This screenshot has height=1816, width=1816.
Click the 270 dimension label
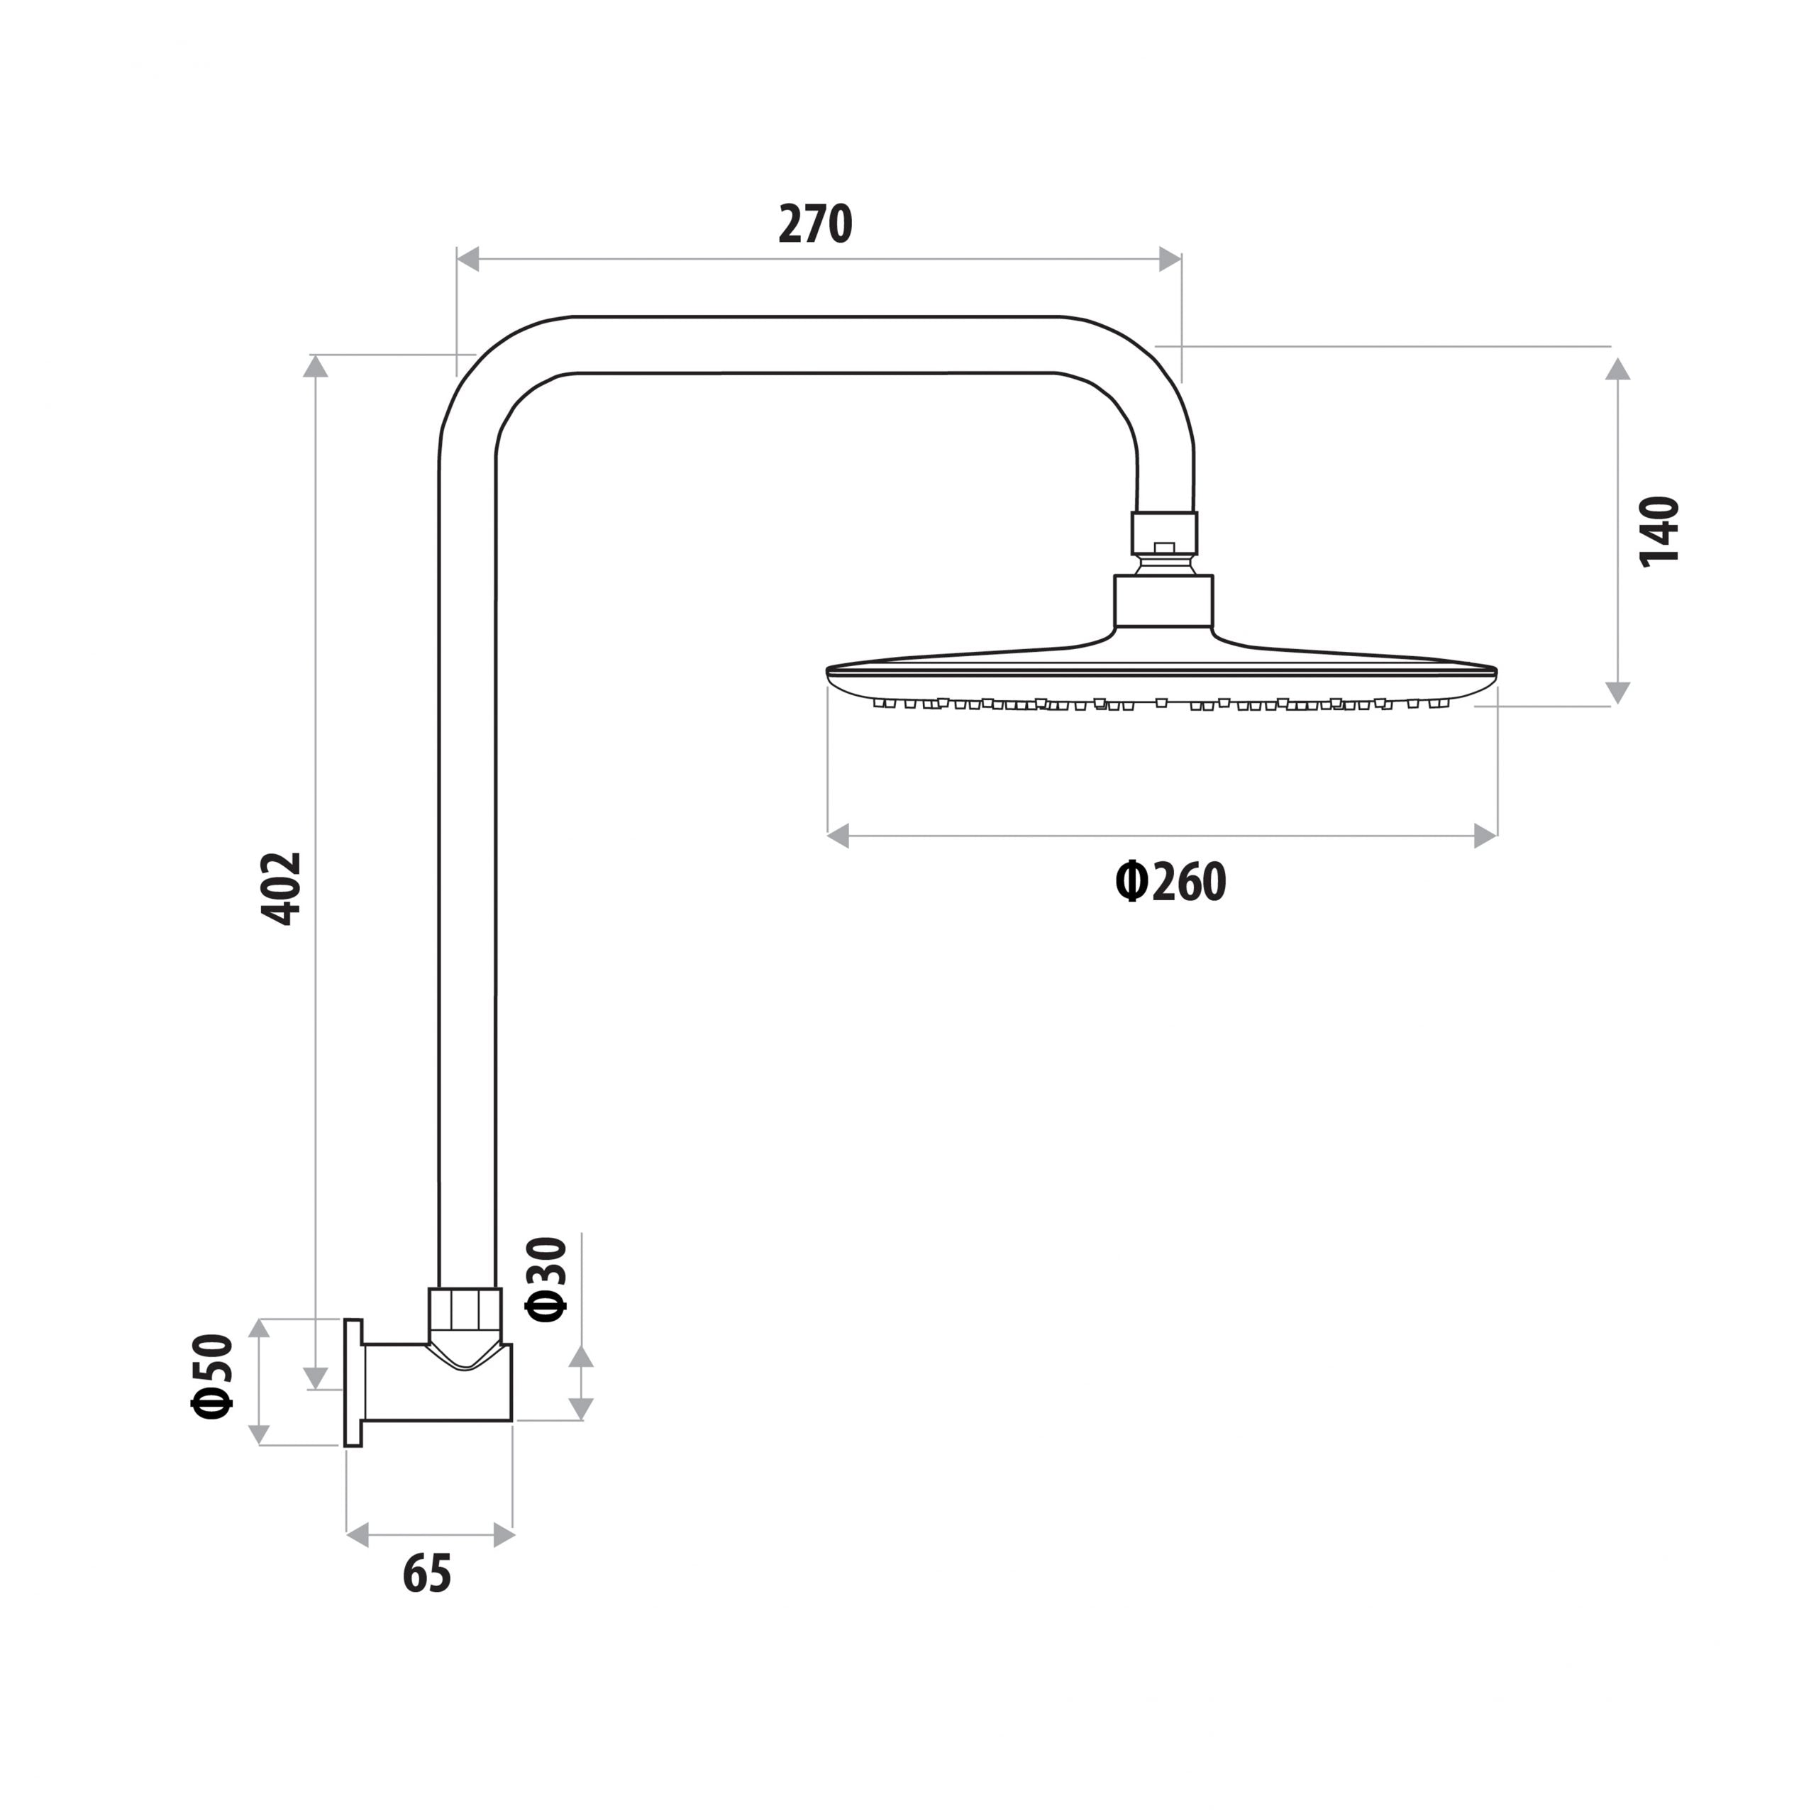(x=815, y=225)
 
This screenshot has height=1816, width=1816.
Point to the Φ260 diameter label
(x=1170, y=882)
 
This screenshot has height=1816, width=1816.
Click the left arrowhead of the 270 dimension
(x=468, y=260)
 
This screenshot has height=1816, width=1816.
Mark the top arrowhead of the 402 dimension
(x=316, y=367)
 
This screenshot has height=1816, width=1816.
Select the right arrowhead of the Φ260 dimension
(x=1485, y=836)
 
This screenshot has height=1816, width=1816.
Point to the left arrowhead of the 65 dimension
(x=358, y=1536)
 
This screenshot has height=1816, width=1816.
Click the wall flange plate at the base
(x=353, y=1383)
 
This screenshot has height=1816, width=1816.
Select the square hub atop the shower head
(x=1163, y=602)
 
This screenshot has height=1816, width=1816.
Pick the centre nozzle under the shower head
(x=1162, y=702)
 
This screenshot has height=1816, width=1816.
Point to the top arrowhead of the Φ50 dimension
(x=258, y=1328)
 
